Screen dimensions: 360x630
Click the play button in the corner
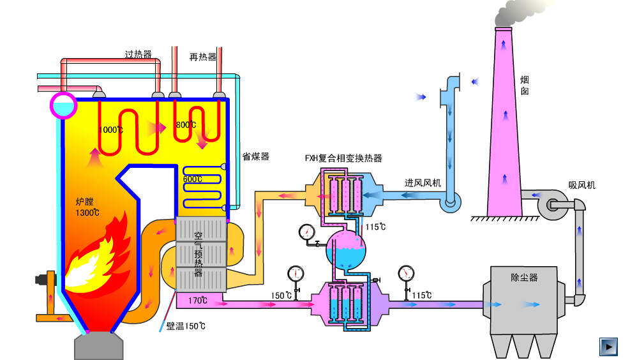(609, 347)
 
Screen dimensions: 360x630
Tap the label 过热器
(139, 55)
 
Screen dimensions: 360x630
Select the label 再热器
(203, 57)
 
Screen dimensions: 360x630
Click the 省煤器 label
(255, 156)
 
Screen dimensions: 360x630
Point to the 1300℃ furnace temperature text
(87, 213)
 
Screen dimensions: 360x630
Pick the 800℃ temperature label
(186, 125)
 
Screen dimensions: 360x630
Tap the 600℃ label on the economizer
(192, 179)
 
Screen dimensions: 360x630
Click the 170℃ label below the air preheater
(199, 300)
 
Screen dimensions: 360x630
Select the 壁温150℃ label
(186, 326)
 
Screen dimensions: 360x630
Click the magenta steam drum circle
(63, 105)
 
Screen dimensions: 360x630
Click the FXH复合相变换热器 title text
(343, 158)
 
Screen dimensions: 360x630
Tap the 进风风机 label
(423, 183)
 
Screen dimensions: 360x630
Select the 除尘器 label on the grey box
(525, 278)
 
